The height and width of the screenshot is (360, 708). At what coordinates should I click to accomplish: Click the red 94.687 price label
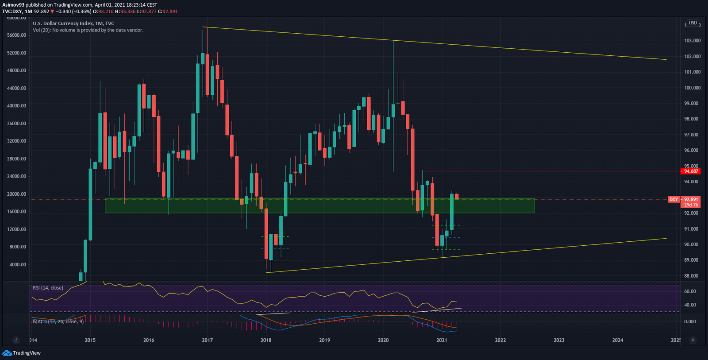[x=691, y=171]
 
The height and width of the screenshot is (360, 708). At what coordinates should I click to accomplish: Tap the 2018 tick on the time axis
[x=266, y=340]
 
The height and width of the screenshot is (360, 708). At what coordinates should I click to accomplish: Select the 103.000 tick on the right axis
[x=693, y=41]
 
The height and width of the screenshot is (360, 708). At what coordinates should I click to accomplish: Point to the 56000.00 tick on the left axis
[x=16, y=35]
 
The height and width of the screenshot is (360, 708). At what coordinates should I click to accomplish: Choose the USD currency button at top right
[x=693, y=23]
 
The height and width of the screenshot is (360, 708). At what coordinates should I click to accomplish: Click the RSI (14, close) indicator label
[x=48, y=288]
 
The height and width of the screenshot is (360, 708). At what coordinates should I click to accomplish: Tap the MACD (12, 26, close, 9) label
[x=58, y=321]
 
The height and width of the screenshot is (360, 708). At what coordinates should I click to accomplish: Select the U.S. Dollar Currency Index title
[x=73, y=23]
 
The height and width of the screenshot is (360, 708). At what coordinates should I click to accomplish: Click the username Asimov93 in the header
[x=13, y=5]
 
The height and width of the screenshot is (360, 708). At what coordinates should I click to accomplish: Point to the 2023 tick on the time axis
[x=559, y=340]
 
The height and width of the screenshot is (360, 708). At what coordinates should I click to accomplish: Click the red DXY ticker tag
[x=673, y=200]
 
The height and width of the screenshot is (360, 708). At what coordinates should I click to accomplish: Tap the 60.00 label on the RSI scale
[x=690, y=291]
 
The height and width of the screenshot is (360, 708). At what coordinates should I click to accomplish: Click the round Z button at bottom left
[x=16, y=340]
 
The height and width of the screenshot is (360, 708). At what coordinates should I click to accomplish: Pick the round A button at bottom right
[x=693, y=340]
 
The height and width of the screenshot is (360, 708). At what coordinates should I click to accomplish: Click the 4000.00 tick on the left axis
[x=18, y=265]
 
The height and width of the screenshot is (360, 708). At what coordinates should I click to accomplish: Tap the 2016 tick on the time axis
[x=149, y=340]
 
